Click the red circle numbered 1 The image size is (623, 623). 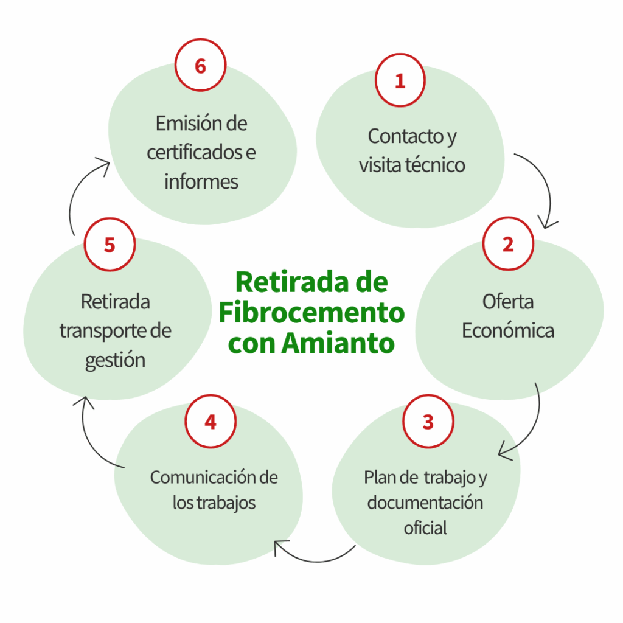[x=400, y=81]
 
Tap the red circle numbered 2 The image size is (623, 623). [x=508, y=244]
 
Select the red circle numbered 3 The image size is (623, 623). [x=428, y=421]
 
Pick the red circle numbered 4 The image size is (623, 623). [x=211, y=421]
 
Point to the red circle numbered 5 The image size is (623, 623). [x=110, y=245]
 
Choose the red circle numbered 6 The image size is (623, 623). [x=200, y=66]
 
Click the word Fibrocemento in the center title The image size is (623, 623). [x=311, y=313]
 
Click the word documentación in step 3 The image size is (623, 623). [x=425, y=503]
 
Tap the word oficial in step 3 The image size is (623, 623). [x=425, y=527]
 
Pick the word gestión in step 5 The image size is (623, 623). [x=115, y=360]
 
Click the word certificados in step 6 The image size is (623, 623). [x=194, y=152]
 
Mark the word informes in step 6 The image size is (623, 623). [x=201, y=181]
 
